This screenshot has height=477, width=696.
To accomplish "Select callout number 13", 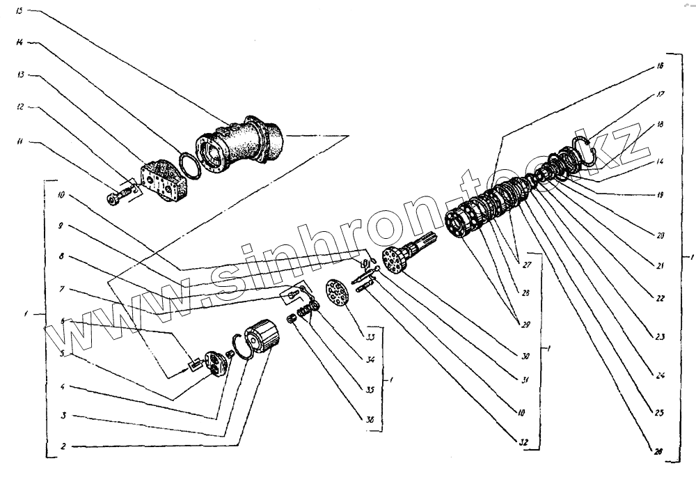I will pos(21,75).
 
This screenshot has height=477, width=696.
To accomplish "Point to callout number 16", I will pos(659,66).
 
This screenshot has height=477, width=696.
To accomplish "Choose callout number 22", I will pos(659,298).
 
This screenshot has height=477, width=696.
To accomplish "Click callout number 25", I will pos(659,412).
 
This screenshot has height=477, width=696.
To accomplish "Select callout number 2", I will pos(63,445).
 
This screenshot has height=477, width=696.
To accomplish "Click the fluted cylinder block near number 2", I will pos(264,338).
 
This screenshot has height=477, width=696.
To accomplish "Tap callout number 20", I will pos(659,235).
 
